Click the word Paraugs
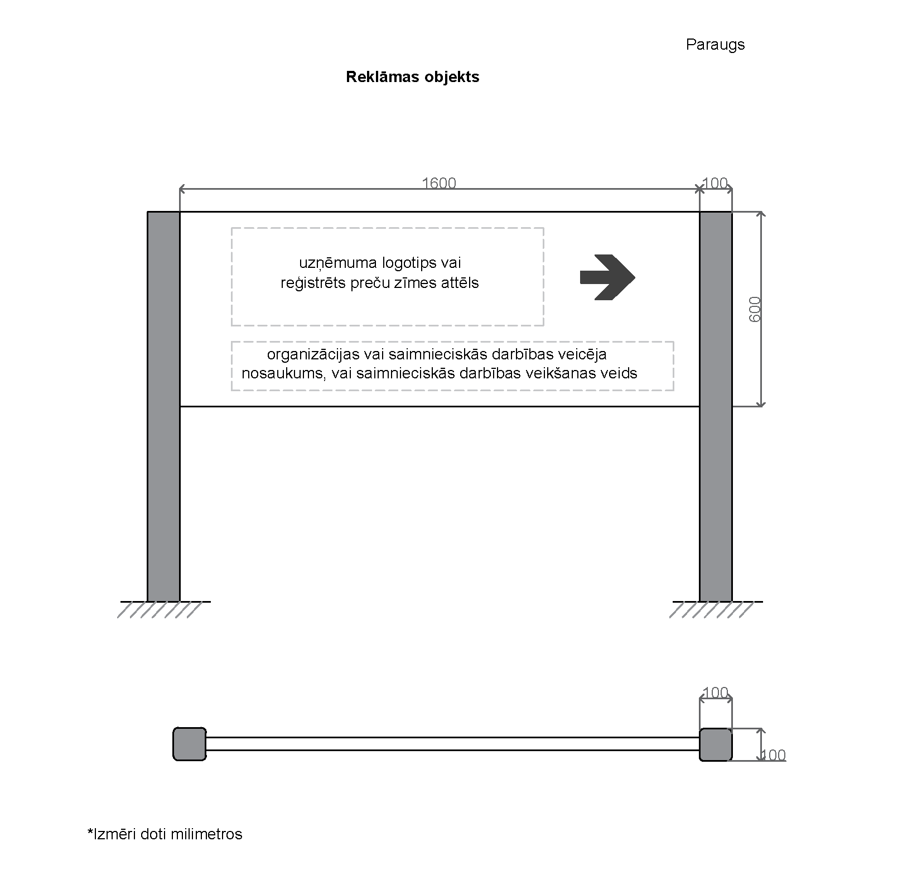(715, 45)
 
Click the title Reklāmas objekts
(412, 77)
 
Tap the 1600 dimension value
(439, 183)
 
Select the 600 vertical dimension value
(755, 309)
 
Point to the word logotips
(409, 263)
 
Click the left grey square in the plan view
(190, 744)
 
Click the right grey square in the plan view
(716, 744)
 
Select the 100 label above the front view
(715, 183)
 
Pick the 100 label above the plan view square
(716, 693)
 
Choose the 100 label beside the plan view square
(774, 755)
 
